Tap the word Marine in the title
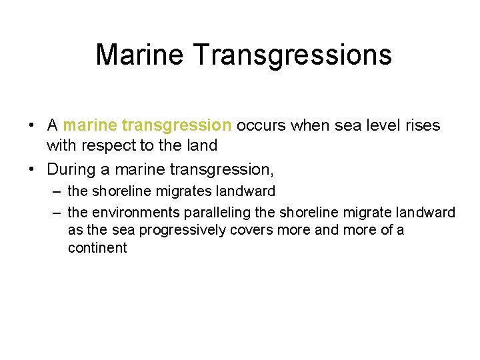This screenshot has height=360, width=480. tap(141, 54)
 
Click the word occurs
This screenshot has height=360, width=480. tap(260, 125)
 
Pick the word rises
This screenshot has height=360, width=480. tap(423, 125)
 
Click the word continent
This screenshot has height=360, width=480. tap(97, 248)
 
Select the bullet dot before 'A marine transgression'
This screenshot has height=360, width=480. tap(32, 126)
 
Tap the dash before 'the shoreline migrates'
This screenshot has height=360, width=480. tap(55, 192)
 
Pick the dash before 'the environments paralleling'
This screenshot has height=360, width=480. tap(55, 213)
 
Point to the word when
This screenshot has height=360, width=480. tap(306, 125)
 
